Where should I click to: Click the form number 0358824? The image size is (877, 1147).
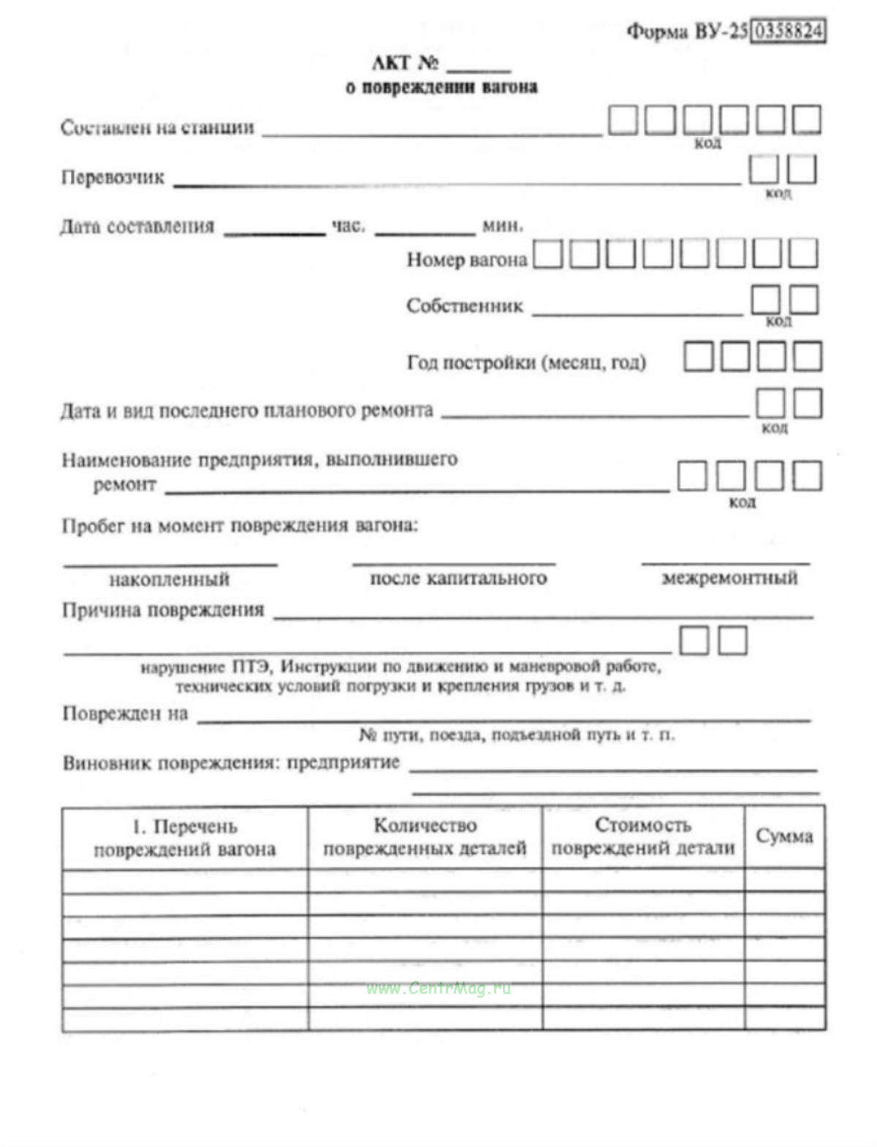(x=788, y=31)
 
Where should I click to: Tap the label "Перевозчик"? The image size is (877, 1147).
(x=113, y=178)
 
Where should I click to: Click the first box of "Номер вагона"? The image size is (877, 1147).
(x=548, y=255)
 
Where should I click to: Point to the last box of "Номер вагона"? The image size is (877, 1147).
(x=803, y=253)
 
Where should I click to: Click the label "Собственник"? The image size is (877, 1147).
(x=465, y=306)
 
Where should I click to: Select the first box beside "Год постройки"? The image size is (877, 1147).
(x=698, y=356)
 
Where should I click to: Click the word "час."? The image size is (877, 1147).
(x=349, y=226)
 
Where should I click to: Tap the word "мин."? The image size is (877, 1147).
(x=502, y=226)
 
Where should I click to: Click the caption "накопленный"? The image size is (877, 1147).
(x=170, y=580)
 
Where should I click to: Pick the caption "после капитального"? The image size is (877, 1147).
(x=458, y=579)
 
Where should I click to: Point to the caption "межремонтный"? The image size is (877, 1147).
(x=729, y=578)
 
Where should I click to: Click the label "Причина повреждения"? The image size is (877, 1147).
(x=163, y=610)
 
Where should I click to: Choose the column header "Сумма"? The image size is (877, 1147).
(x=784, y=836)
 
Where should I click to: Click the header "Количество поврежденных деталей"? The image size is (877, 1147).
(x=425, y=837)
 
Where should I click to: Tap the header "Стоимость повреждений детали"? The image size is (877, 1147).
(x=642, y=837)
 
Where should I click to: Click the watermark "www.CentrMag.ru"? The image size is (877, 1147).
(x=438, y=989)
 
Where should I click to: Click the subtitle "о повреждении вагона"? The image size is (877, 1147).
(x=441, y=87)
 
